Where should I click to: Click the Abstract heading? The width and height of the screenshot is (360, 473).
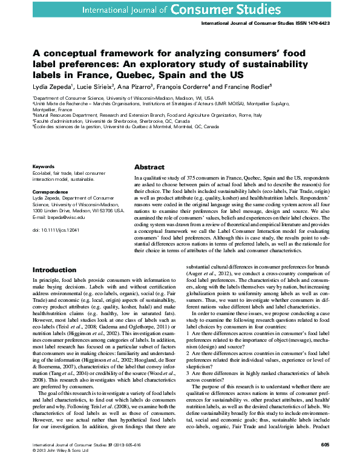(149, 167)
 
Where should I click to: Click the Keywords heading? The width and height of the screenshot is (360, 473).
(44, 166)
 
